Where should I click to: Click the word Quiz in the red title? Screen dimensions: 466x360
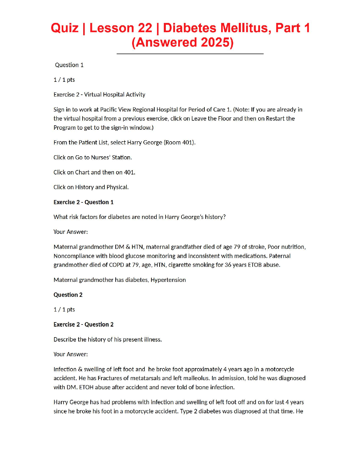(x=65, y=28)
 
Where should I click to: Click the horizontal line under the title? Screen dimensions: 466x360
(x=190, y=54)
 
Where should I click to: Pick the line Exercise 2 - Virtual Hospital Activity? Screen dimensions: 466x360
(x=99, y=94)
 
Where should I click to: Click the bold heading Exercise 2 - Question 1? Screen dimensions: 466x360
(x=84, y=202)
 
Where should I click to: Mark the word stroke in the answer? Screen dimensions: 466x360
(x=256, y=247)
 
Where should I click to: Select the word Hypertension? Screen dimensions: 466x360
(x=168, y=280)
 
